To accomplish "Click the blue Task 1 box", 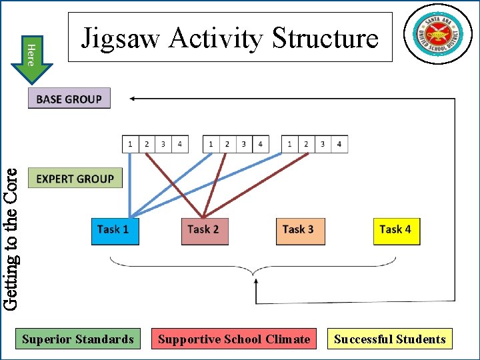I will (115, 231).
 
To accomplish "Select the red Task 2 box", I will (204, 231).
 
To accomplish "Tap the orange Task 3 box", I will (299, 231).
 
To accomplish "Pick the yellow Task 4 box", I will (396, 231).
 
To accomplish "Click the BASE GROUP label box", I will (69, 99).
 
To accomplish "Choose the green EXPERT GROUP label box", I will (75, 178).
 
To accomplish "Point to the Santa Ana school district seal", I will (437, 33).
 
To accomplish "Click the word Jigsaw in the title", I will (120, 38).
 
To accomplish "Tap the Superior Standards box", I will (78, 339).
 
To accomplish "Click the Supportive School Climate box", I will (234, 339).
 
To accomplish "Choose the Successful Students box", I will (390, 339).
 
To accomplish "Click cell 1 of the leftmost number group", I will (131, 144).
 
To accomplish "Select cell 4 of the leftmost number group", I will (180, 144).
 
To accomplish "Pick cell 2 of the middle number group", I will (227, 144).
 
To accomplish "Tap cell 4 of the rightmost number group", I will (339, 144).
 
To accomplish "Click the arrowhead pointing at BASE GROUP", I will (133, 99).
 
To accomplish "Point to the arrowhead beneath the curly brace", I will (257, 284).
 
